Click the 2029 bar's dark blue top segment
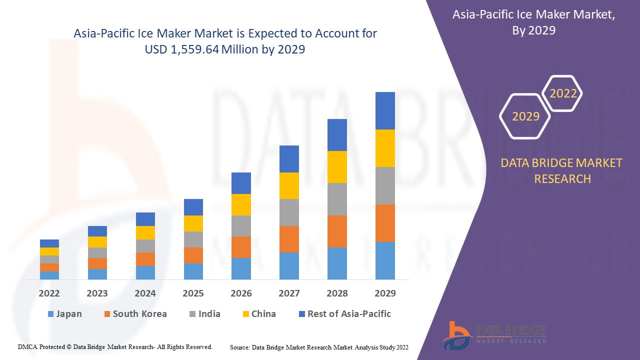pos(385,110)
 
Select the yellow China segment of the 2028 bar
pos(337,166)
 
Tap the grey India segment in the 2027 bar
pos(289,212)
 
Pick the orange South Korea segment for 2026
pos(241,247)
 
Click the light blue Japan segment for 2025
pos(193,271)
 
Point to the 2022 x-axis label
pos(49,293)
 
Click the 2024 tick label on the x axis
pos(145,293)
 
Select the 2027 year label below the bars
pos(289,293)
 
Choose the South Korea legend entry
pos(135,314)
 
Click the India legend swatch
pos(192,314)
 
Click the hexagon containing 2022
pos(563,93)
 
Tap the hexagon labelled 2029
pos(525,116)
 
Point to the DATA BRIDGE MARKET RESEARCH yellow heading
pos(562,170)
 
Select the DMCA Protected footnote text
pos(115,346)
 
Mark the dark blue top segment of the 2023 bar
pos(97,231)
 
